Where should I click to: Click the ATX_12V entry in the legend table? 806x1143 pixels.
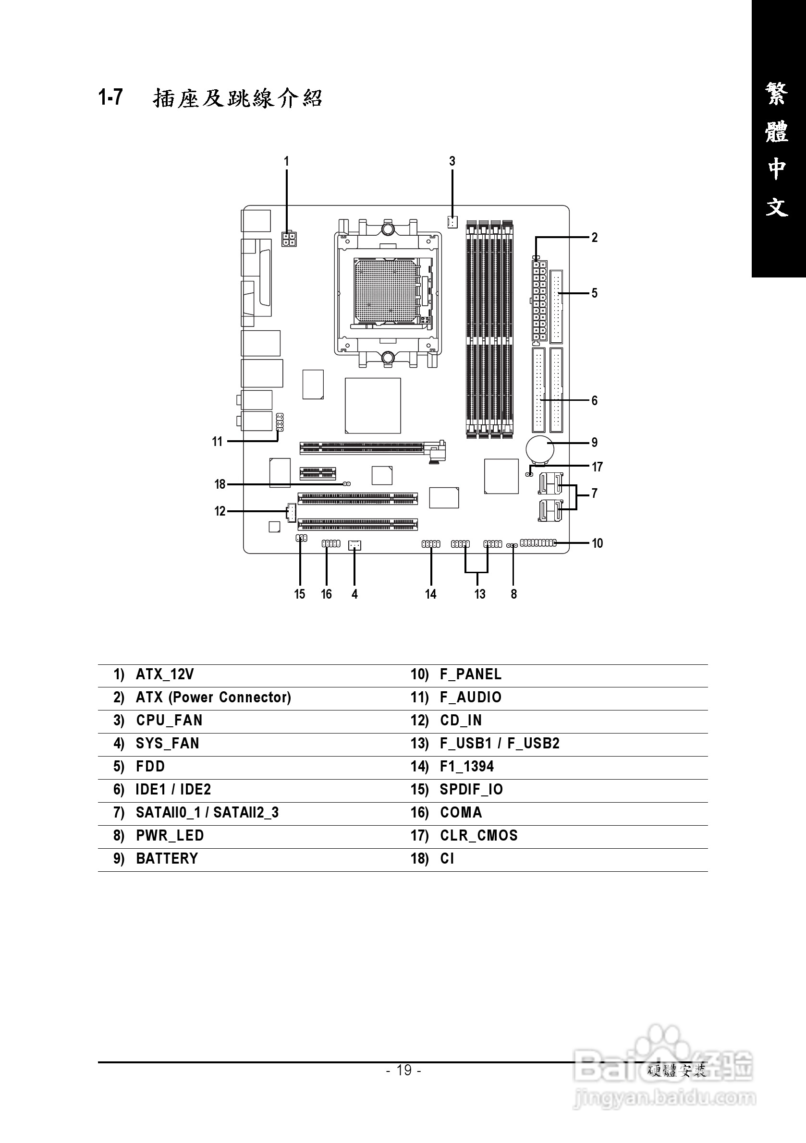point(164,674)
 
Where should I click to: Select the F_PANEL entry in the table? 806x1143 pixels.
point(470,674)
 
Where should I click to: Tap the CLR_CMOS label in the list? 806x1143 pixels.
point(478,836)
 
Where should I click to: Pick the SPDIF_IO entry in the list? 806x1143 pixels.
point(471,790)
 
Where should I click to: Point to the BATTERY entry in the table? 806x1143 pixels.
point(167,859)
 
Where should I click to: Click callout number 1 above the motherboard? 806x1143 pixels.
point(286,161)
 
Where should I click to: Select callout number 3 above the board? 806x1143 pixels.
point(452,161)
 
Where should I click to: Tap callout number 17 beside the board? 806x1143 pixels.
point(597,467)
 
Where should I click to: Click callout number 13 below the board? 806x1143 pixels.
point(479,594)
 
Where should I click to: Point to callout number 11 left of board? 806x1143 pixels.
point(217,442)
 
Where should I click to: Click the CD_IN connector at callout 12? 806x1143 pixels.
point(291,513)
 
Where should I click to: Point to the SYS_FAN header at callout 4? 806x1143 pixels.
point(354,546)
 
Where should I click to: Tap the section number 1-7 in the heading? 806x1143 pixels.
point(110,97)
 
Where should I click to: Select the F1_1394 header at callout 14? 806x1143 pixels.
point(431,544)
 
